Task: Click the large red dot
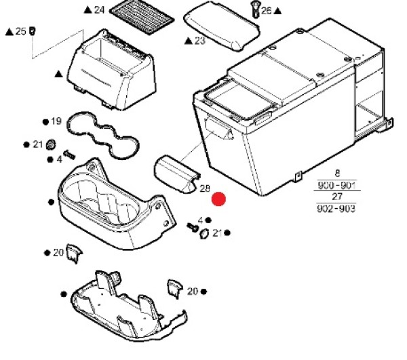[x=218, y=199]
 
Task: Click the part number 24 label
[x=99, y=10]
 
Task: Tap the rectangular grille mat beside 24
[x=142, y=16]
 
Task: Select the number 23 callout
[x=200, y=41]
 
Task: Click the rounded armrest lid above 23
[x=221, y=26]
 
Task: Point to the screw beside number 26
[x=256, y=9]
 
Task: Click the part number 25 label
[x=21, y=31]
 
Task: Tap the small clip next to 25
[x=33, y=31]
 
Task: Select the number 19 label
[x=56, y=121]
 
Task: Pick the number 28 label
[x=205, y=188]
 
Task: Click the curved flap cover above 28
[x=176, y=174]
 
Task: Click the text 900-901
[x=336, y=186]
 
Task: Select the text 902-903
[x=336, y=208]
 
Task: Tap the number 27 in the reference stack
[x=337, y=197]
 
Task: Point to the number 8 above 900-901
[x=337, y=174]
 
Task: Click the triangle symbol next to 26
[x=277, y=11]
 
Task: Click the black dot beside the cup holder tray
[x=51, y=202]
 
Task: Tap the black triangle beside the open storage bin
[x=59, y=74]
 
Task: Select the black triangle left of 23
[x=188, y=41]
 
